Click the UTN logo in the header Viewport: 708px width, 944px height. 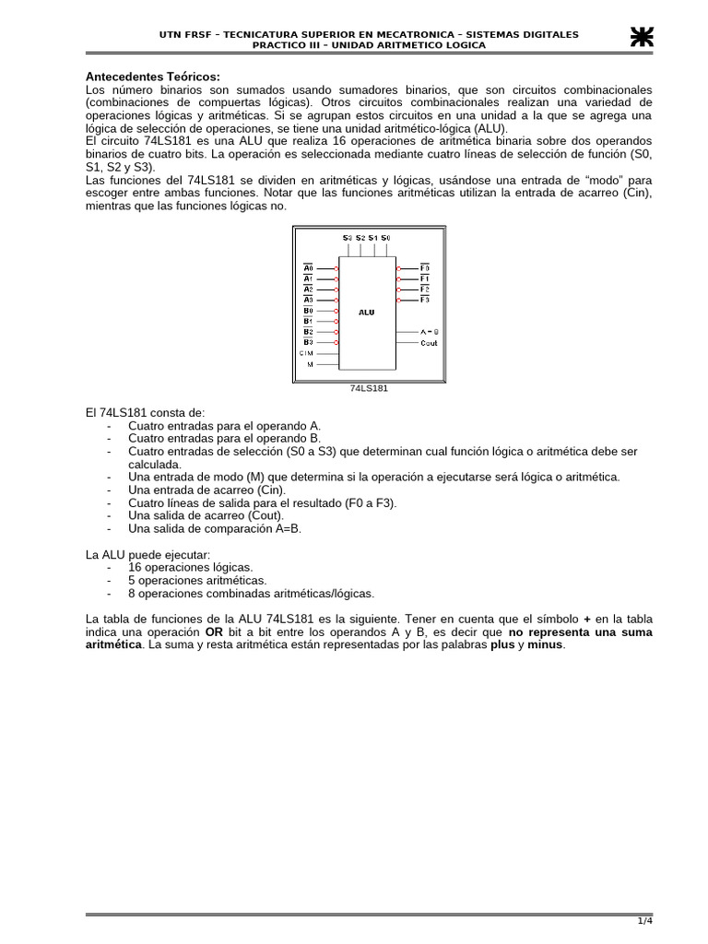click(x=641, y=36)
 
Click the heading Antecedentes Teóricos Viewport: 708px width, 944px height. click(x=153, y=76)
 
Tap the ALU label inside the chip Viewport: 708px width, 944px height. click(x=367, y=312)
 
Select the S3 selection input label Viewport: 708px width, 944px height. click(x=348, y=238)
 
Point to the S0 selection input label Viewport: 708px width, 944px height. click(x=385, y=238)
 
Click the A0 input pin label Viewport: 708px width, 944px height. click(x=308, y=268)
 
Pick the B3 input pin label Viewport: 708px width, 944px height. click(x=308, y=342)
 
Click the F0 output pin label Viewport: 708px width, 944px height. click(x=425, y=268)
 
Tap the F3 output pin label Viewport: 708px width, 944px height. click(x=425, y=300)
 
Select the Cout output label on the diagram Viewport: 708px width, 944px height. click(x=429, y=343)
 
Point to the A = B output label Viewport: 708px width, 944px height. click(x=430, y=331)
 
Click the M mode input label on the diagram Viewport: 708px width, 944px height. click(x=310, y=364)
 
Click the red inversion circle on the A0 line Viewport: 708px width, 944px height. click(x=337, y=268)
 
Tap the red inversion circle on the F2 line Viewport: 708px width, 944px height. click(x=398, y=289)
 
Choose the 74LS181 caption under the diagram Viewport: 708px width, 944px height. click(x=369, y=388)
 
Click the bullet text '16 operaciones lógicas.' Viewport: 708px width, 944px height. click(x=190, y=568)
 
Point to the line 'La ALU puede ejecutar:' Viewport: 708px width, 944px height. click(x=147, y=555)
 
